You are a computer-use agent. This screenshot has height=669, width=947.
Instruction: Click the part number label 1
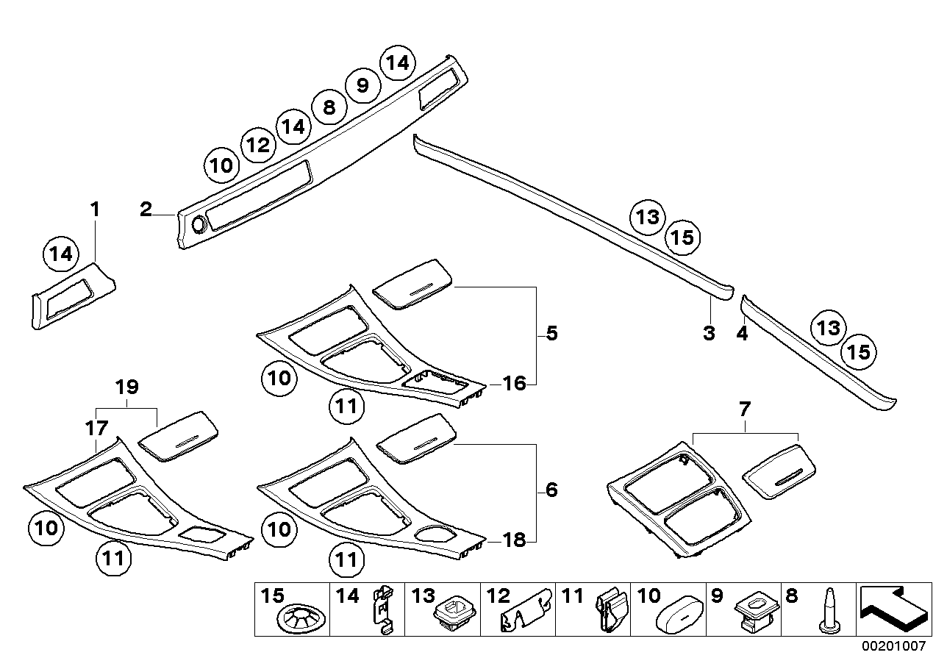coord(94,210)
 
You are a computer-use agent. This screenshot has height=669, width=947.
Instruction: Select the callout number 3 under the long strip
coord(709,333)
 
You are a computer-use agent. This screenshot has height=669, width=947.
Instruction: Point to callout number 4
coord(742,334)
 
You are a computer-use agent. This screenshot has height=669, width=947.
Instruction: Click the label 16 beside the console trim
coord(515,383)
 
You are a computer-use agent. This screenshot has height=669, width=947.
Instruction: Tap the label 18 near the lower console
coord(515,541)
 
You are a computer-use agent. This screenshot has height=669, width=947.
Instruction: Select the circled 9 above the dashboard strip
coord(362,86)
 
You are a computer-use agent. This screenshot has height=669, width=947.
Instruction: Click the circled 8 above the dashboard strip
coord(329,107)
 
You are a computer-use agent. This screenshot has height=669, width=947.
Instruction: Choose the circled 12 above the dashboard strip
coord(258,145)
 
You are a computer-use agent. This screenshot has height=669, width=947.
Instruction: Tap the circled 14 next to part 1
coord(61,254)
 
